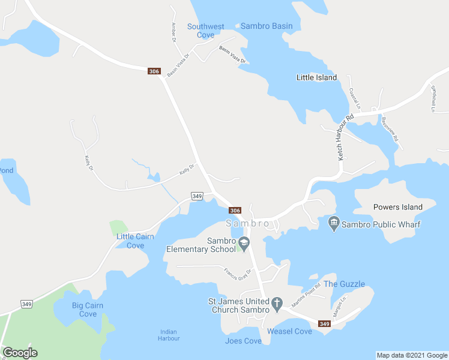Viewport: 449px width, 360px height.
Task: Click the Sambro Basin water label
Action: pyautogui.click(x=267, y=26)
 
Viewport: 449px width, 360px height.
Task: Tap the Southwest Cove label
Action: pyautogui.click(x=205, y=31)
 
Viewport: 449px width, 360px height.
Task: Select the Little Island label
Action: pyautogui.click(x=316, y=77)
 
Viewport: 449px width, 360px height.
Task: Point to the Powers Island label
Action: pyautogui.click(x=397, y=207)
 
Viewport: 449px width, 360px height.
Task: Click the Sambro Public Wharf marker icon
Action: pyautogui.click(x=334, y=224)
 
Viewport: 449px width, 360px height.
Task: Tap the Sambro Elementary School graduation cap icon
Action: pyautogui.click(x=244, y=244)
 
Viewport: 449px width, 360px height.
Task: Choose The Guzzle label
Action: pyautogui.click(x=344, y=284)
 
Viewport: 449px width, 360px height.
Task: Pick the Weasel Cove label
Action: pyautogui.click(x=289, y=331)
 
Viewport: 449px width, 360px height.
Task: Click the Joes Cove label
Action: pyautogui.click(x=243, y=341)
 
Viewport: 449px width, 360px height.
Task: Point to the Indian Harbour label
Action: pyautogui.click(x=169, y=335)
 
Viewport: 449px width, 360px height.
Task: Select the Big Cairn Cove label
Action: pyautogui.click(x=88, y=310)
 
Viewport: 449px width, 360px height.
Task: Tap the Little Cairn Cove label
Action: pyautogui.click(x=135, y=241)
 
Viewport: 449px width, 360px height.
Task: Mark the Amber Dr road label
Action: pyautogui.click(x=174, y=32)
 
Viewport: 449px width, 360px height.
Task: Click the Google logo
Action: pyautogui.click(x=20, y=353)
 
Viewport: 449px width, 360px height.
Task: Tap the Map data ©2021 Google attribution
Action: pyautogui.click(x=412, y=355)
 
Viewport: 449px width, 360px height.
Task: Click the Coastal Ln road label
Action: pyautogui.click(x=354, y=98)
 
